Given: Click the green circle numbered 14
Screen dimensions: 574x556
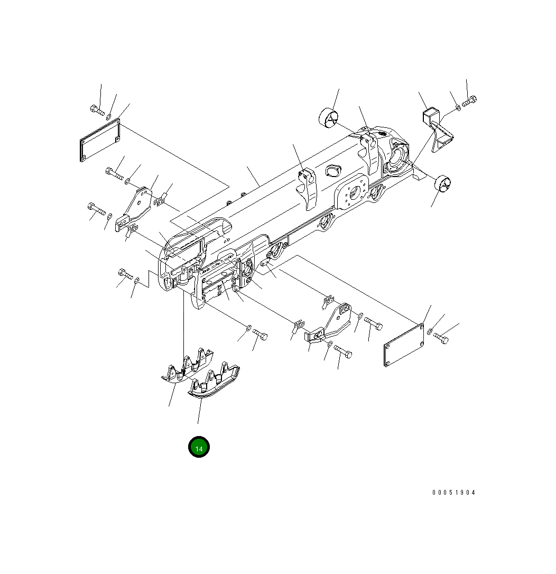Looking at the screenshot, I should (x=199, y=448).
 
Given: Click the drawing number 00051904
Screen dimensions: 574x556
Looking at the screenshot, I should (x=453, y=493).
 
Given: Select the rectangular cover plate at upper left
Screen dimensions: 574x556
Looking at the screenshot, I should (x=100, y=140).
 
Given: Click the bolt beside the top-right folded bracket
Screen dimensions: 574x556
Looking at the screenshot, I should (x=469, y=100).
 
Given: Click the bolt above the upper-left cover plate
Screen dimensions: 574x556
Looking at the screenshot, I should (x=97, y=110).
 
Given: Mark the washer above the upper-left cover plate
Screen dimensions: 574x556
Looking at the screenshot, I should (x=109, y=116).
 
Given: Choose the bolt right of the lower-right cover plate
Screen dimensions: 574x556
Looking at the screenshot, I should (x=441, y=338).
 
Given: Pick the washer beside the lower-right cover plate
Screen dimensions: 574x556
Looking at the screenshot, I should (x=430, y=332).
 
